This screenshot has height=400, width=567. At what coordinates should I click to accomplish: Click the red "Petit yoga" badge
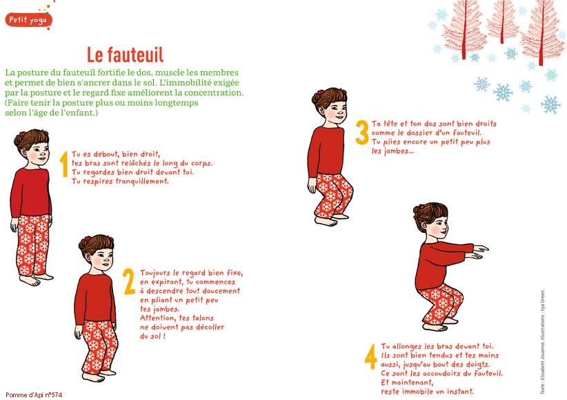(28, 20)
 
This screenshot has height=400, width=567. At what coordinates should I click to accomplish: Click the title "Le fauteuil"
(125, 55)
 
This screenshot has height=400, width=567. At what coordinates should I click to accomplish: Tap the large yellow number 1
(64, 164)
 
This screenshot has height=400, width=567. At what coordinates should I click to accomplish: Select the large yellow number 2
(129, 282)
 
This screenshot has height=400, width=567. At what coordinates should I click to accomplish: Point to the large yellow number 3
(362, 132)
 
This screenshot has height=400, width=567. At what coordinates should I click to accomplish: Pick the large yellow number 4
(371, 357)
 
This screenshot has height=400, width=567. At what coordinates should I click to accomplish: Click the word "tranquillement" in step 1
(142, 181)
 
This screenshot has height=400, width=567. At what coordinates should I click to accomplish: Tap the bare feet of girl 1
(36, 279)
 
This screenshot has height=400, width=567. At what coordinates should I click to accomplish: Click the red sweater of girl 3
(326, 151)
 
